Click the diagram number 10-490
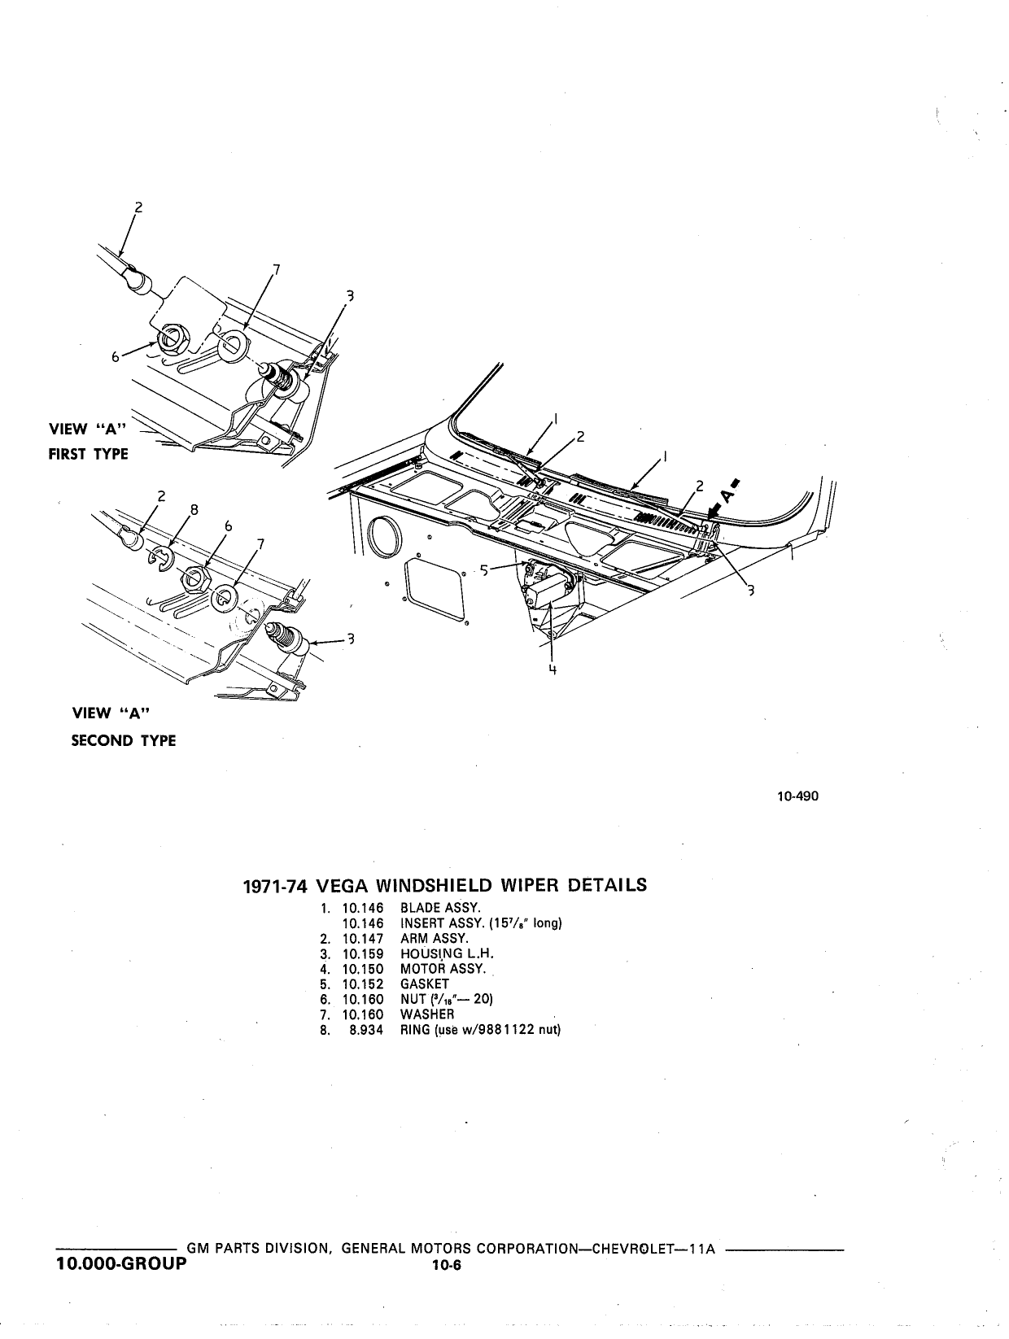click(x=797, y=796)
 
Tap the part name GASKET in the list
click(x=424, y=984)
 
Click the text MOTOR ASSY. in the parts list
click(x=443, y=969)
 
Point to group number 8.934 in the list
click(x=366, y=1030)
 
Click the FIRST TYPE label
click(x=89, y=455)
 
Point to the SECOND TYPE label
click(x=123, y=740)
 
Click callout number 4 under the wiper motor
click(x=553, y=669)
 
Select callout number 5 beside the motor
click(x=484, y=571)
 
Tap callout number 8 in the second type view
click(x=194, y=510)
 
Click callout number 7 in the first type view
click(x=277, y=269)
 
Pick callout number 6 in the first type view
click(x=116, y=357)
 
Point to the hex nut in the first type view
click(x=173, y=338)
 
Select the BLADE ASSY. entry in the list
click(x=440, y=908)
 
